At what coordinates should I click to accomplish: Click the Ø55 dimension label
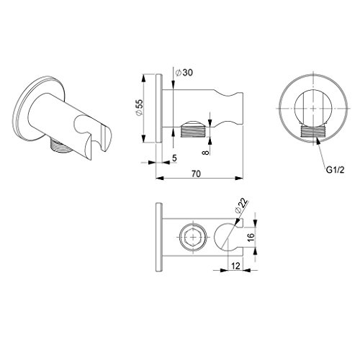(140, 108)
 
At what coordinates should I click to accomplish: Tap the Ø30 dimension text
(184, 73)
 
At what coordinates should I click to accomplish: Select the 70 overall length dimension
(196, 174)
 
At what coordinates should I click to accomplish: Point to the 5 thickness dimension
(174, 158)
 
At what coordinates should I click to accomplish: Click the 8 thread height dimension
(206, 152)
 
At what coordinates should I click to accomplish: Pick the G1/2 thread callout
(335, 170)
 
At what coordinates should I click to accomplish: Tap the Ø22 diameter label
(241, 206)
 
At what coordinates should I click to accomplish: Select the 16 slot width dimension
(251, 237)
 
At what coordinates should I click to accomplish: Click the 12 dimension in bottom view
(235, 266)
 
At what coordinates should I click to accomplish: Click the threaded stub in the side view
(194, 132)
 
